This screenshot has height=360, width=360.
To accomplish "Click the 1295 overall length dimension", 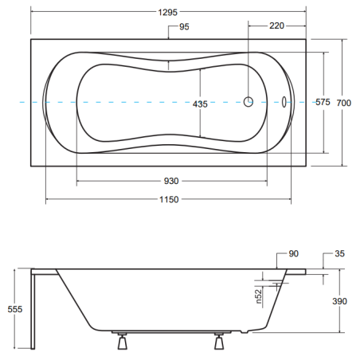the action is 168,12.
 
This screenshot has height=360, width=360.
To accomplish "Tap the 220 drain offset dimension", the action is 276,25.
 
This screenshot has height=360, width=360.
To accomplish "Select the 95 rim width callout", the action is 184,27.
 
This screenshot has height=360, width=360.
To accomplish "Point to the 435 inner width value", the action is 200,104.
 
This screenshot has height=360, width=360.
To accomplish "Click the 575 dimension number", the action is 323,102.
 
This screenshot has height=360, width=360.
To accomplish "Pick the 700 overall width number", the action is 344,103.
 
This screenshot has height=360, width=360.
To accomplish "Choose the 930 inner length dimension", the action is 171,181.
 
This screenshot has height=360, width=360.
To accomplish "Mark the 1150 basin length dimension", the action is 169,199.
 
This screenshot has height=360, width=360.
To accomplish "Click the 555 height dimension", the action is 15,309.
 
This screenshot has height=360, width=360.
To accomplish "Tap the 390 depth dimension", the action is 339,301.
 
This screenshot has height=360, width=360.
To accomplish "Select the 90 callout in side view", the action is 294,253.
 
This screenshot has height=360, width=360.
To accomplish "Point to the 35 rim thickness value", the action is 339,253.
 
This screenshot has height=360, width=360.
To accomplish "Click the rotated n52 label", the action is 259,296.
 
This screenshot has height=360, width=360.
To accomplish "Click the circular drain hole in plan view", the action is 248,102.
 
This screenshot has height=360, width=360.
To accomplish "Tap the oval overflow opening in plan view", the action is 284,102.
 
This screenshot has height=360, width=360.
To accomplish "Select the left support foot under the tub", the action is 123,341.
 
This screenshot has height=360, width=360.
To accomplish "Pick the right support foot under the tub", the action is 219,341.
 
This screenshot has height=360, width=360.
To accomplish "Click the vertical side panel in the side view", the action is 33,309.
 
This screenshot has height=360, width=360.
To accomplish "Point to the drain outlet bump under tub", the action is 245,331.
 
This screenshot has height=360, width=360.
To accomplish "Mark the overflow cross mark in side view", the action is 277,285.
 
